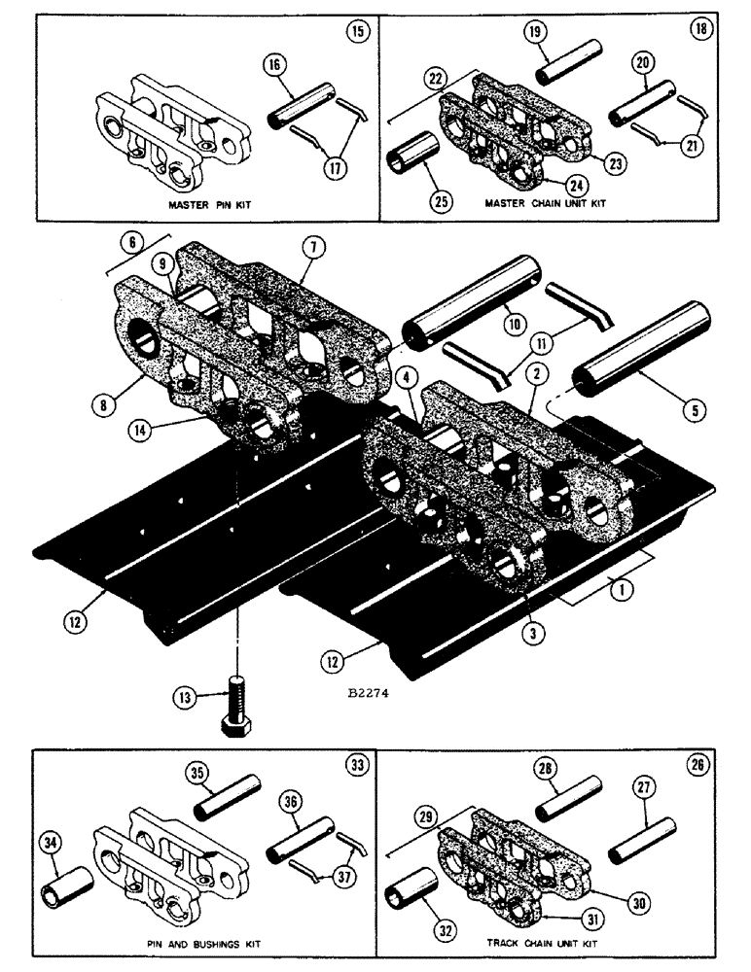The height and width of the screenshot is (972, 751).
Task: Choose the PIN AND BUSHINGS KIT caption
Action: pyautogui.click(x=204, y=943)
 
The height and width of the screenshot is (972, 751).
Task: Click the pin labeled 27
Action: pyautogui.click(x=640, y=837)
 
